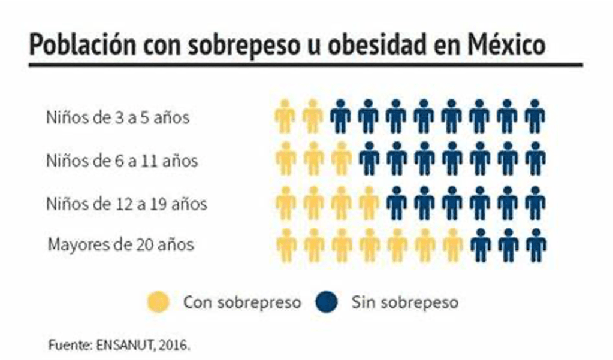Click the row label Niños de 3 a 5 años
tap(117, 117)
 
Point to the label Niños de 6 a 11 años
tap(122, 161)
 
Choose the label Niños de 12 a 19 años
tap(126, 204)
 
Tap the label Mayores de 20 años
tap(121, 245)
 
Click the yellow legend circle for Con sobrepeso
tap(159, 302)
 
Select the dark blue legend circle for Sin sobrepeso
tap(326, 302)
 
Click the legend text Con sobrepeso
tap(242, 302)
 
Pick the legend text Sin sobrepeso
tap(405, 302)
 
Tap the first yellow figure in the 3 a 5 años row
tap(285, 116)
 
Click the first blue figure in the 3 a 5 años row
tap(340, 116)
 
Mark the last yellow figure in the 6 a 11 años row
tap(342, 159)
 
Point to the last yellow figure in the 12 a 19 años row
tap(369, 203)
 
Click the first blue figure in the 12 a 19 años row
tap(397, 203)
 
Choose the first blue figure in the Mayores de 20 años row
tap(480, 245)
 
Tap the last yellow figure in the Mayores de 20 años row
tap(452, 245)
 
